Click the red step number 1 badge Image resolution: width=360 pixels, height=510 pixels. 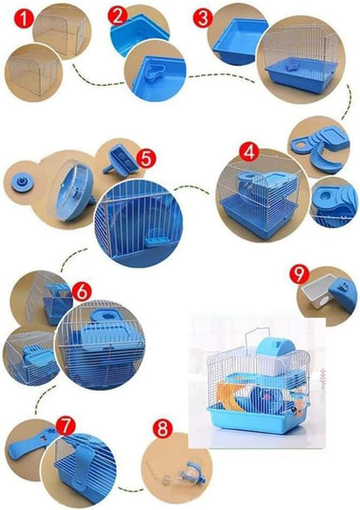(23, 19)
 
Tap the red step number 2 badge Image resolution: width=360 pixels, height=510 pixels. (118, 16)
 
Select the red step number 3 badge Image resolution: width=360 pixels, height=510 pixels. (202, 18)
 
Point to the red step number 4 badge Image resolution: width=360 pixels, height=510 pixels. (249, 152)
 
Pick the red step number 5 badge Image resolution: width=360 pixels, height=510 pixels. (146, 158)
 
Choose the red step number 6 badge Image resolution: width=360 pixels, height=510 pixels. (81, 292)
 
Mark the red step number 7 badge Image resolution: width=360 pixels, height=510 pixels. (66, 426)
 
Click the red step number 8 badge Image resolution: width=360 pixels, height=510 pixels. (163, 429)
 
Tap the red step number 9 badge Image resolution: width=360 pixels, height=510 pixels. (299, 274)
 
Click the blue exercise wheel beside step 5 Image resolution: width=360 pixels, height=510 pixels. (74, 191)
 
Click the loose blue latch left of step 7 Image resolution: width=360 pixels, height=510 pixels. (31, 441)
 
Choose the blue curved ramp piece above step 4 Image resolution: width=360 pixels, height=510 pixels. (326, 158)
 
